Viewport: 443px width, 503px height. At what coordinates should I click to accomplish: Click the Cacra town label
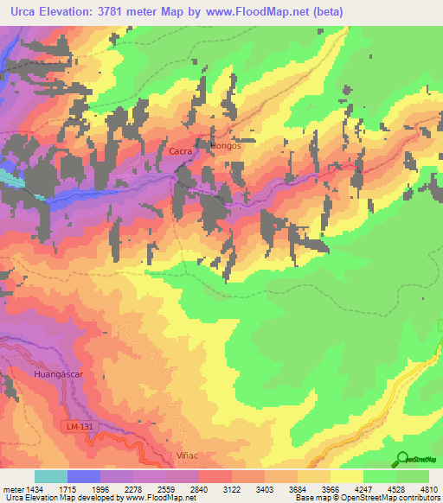pyautogui.click(x=180, y=151)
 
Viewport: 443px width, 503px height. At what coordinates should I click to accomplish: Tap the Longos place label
pyautogui.click(x=223, y=146)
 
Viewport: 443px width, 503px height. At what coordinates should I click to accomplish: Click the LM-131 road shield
pyautogui.click(x=78, y=427)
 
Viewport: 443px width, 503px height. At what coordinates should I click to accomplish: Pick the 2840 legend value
pyautogui.click(x=199, y=489)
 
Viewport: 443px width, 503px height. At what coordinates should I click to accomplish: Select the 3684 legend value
pyautogui.click(x=298, y=489)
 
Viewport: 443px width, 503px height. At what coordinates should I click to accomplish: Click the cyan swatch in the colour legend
pyautogui.click(x=51, y=476)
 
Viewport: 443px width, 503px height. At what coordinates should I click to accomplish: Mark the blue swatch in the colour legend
pyautogui.click(x=84, y=476)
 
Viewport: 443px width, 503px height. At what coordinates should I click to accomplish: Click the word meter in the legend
pyautogui.click(x=11, y=489)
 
